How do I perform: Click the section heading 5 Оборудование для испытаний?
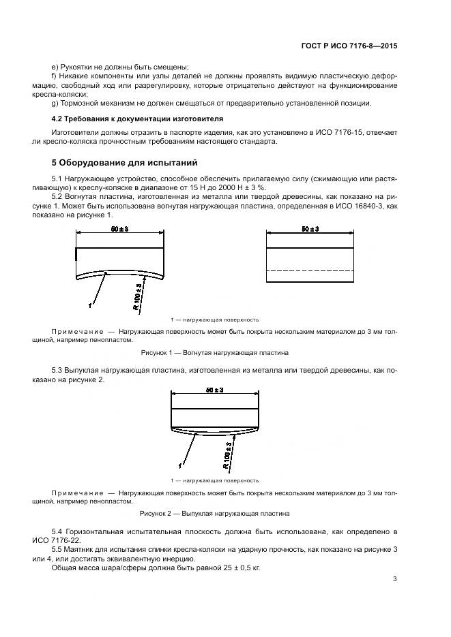(124, 163)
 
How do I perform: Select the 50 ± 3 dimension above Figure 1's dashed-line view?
(310, 230)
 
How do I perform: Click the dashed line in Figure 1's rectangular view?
(310, 271)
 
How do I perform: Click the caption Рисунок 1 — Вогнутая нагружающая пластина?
(214, 353)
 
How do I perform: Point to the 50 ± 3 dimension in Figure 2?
(215, 390)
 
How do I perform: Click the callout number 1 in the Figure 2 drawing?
(179, 467)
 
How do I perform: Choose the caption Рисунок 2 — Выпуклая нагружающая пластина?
(214, 513)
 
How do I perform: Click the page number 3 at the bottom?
(394, 579)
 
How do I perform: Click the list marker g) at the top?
(55, 103)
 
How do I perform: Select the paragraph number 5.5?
(59, 549)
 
